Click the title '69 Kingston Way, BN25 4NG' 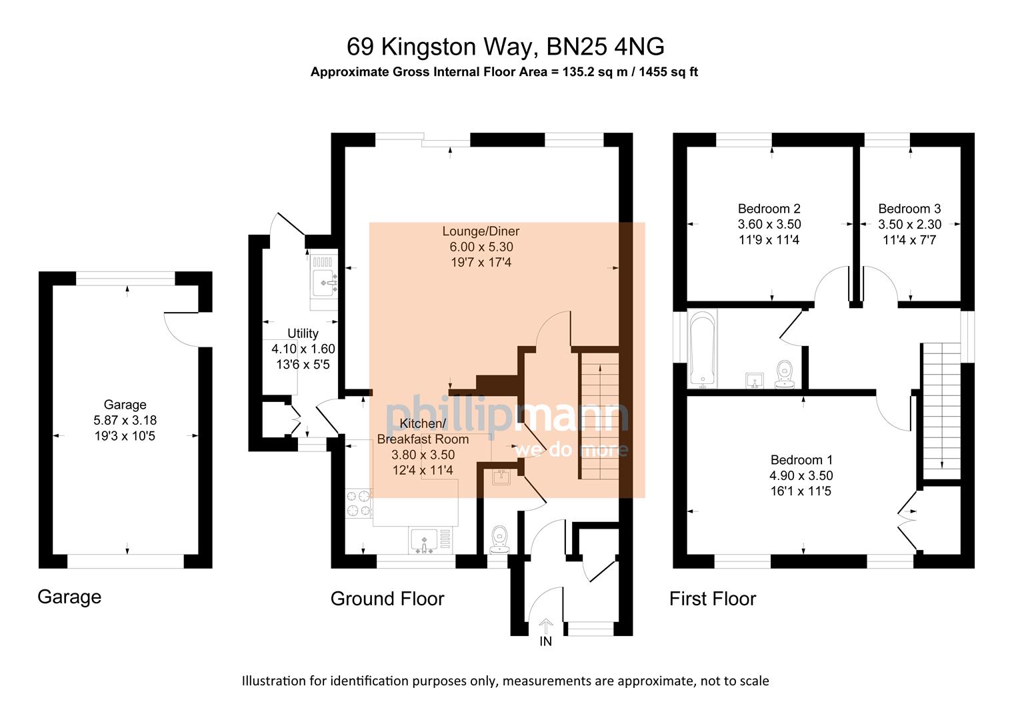click(x=505, y=47)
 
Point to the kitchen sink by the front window click(x=424, y=540)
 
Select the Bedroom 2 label click(x=769, y=209)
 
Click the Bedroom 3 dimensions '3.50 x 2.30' click(x=909, y=225)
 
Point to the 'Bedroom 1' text click(x=801, y=460)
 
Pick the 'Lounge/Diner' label click(x=481, y=231)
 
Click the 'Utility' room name click(x=303, y=333)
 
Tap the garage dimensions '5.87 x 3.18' click(x=125, y=420)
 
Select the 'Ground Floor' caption click(x=387, y=599)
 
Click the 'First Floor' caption click(x=712, y=599)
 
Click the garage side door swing click(x=181, y=329)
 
